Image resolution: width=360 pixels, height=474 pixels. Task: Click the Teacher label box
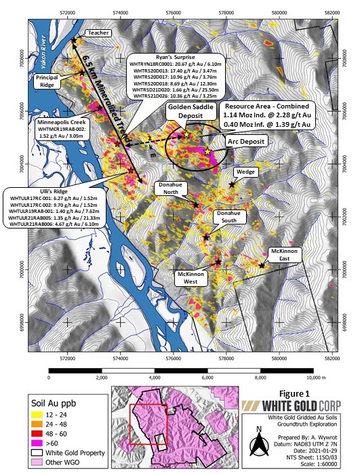97,33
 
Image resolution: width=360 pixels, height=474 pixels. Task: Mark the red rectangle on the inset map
148,424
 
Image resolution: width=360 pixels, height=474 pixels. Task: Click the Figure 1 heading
294,393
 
